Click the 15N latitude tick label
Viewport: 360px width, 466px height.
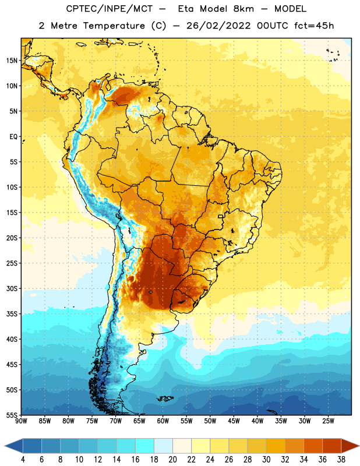point(12,61)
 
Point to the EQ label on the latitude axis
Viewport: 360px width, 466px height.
point(13,137)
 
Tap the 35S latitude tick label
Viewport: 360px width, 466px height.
point(12,314)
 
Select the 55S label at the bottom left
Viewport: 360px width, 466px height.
point(12,415)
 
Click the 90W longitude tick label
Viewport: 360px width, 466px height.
point(21,421)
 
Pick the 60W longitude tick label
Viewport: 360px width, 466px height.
point(163,421)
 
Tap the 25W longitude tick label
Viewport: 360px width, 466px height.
point(328,421)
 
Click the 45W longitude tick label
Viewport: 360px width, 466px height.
point(234,421)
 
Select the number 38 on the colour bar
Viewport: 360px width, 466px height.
point(341,460)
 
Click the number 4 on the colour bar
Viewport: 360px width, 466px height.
point(23,460)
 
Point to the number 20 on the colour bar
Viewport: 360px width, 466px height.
point(172,460)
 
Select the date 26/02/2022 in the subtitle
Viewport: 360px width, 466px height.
point(218,26)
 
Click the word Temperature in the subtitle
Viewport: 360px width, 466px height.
point(114,26)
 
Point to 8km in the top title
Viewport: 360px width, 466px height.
point(243,9)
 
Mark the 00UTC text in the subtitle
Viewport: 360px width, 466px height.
point(272,26)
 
